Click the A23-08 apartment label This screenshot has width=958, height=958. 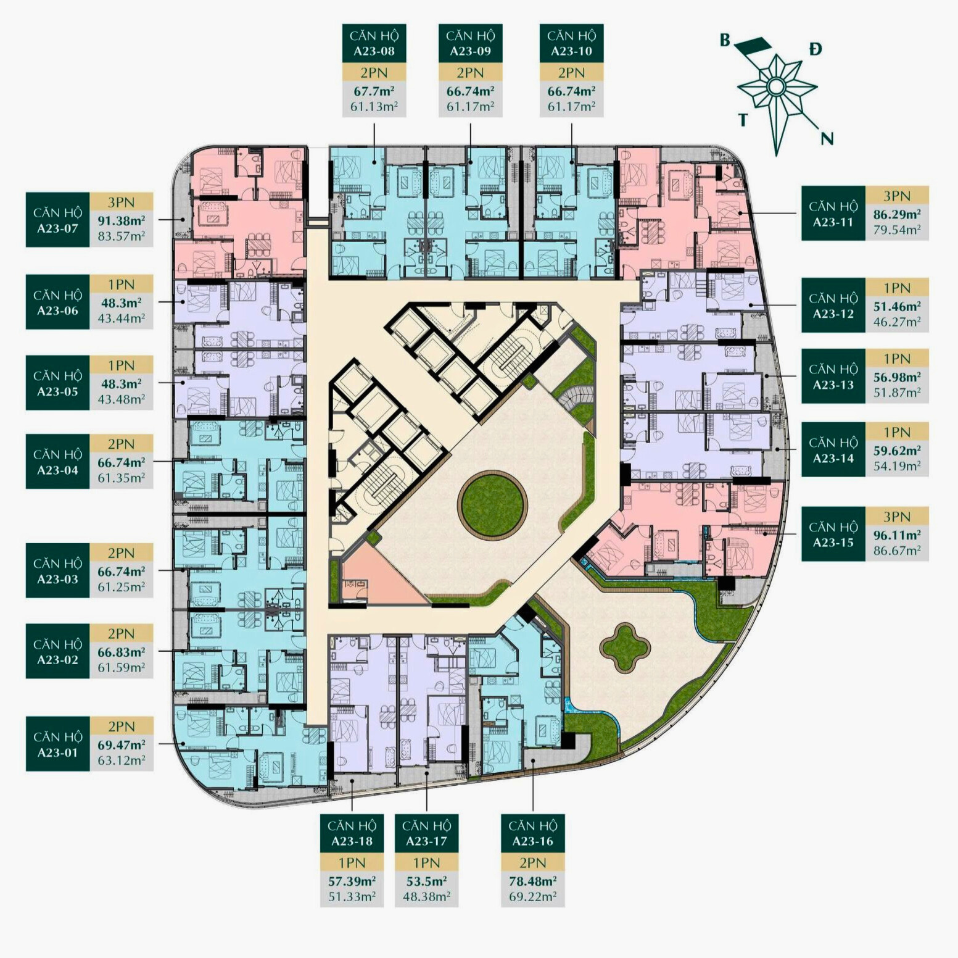click(374, 43)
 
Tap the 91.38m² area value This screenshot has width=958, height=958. click(122, 220)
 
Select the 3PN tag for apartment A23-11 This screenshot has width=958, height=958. click(897, 196)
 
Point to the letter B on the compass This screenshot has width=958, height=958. click(725, 41)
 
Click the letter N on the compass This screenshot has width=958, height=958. click(827, 139)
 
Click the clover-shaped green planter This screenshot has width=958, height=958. click(625, 647)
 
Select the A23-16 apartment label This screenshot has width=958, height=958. click(533, 833)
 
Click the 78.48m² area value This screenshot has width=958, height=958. click(533, 881)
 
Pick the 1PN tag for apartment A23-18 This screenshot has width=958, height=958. click(352, 862)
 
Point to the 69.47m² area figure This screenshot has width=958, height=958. click(122, 744)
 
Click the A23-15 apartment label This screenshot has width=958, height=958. click(833, 535)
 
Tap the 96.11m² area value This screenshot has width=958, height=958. click(897, 535)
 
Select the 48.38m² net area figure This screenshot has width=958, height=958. click(426, 896)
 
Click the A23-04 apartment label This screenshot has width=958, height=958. click(57, 462)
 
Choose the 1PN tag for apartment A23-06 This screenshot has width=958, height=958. click(122, 284)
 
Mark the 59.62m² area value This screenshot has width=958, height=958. click(897, 451)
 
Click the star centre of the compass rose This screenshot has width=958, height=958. click(775, 87)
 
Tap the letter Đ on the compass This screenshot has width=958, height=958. click(816, 49)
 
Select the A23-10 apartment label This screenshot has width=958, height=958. click(571, 43)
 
